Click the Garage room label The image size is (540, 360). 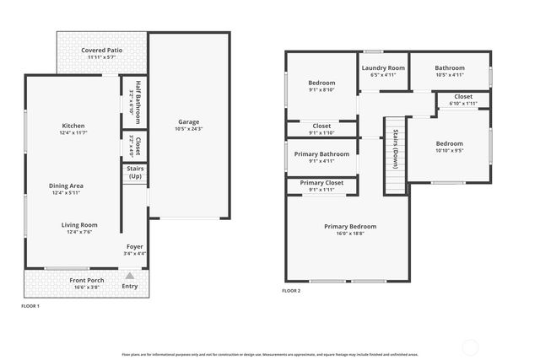188,121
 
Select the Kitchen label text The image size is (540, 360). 74,125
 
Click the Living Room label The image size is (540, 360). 79,224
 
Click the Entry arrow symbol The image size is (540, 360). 129,276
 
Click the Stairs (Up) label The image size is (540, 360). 135,172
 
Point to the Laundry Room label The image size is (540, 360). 383,67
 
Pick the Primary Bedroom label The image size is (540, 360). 350,226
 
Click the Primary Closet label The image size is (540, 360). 321,182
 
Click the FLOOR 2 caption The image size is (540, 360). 291,291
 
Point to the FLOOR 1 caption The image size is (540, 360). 30,306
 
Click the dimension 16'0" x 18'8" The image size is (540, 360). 350,234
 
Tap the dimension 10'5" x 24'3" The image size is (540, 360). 188,129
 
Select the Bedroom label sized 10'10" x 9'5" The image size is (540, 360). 448,144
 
